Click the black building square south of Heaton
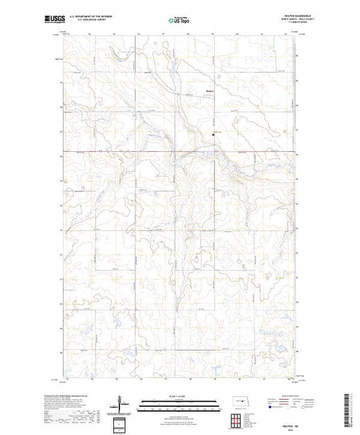coord(213,136)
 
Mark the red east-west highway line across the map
coord(138,152)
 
